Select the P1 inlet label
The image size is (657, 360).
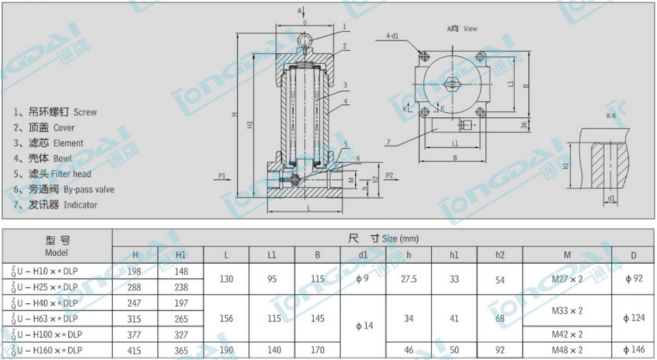coord(222,175)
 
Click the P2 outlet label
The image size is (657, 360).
coord(389,175)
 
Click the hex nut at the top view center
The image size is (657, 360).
coord(452,84)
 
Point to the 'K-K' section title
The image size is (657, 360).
coord(610,116)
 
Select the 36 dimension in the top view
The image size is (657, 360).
coord(523,124)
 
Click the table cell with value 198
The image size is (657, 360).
coord(135,271)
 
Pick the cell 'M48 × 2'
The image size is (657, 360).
coord(568,350)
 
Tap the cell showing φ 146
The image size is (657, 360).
coord(633,350)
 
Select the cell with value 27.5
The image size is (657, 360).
coord(409,279)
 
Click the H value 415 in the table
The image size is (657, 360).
coord(135,350)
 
